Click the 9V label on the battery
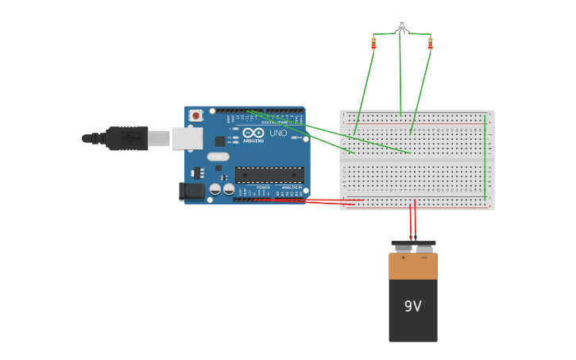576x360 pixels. pos(412,306)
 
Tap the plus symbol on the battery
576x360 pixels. pos(402,257)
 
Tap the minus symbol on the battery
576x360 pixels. pos(424,257)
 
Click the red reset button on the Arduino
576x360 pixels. pos(195,115)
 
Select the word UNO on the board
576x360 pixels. pos(278,134)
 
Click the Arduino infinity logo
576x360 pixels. pos(253,134)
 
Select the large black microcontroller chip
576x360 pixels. pos(269,175)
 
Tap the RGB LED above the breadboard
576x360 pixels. pos(401,25)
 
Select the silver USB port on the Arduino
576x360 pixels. pos(187,138)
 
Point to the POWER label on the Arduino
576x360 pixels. pos(263,187)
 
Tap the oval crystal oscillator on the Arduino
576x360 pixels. pos(218,157)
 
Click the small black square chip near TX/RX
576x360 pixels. pos(219,141)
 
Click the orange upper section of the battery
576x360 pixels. pos(412,268)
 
